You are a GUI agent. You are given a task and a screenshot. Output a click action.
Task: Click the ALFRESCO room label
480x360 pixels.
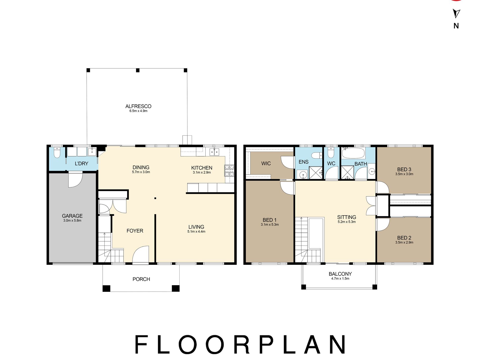pyautogui.click(x=138, y=106)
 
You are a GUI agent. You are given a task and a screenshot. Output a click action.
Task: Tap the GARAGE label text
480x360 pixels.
pyautogui.click(x=72, y=216)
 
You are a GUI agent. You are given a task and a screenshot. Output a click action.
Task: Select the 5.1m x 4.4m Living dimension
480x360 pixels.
pyautogui.click(x=196, y=231)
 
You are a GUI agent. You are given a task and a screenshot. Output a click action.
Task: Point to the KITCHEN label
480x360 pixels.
pyautogui.click(x=202, y=168)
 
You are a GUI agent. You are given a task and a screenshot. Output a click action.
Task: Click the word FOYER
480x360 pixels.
pyautogui.click(x=135, y=231)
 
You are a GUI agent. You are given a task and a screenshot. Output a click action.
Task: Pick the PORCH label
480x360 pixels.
pyautogui.click(x=141, y=279)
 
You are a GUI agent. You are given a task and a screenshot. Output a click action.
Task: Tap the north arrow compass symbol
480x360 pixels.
pyautogui.click(x=456, y=14)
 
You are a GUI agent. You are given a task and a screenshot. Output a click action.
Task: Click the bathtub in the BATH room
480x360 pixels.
pyautogui.click(x=353, y=153)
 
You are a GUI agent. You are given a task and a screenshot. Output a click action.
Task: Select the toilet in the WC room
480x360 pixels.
pyautogui.click(x=331, y=153)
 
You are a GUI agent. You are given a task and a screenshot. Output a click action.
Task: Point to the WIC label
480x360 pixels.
pyautogui.click(x=266, y=163)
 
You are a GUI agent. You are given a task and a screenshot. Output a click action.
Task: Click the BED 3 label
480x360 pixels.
pyautogui.click(x=404, y=170)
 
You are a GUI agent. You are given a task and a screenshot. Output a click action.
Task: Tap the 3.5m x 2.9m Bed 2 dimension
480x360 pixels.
pyautogui.click(x=404, y=242)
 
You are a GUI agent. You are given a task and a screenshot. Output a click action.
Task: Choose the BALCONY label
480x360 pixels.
pyautogui.click(x=340, y=274)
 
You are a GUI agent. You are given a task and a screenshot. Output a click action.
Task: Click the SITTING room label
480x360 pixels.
pyautogui.click(x=347, y=217)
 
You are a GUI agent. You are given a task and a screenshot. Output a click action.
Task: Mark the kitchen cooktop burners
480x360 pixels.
pyautogui.click(x=229, y=171)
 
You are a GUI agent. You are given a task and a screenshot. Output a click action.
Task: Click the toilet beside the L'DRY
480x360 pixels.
pyautogui.click(x=57, y=153)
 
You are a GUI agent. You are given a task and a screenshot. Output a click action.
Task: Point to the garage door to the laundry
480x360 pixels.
pyautogui.click(x=75, y=179)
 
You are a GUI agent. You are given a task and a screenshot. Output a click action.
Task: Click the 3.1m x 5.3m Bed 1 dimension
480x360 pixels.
pyautogui.click(x=270, y=224)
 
